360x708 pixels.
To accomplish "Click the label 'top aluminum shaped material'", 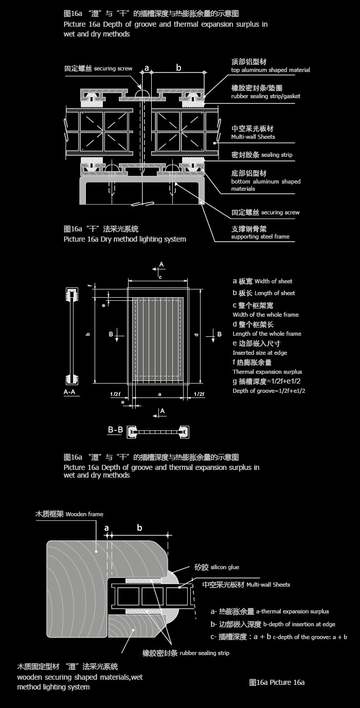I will pos(271,70).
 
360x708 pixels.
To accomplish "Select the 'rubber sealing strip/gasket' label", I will pos(265,96).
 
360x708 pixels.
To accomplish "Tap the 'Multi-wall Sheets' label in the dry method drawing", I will pos(253,137).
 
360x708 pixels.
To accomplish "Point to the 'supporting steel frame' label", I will pos(260,237).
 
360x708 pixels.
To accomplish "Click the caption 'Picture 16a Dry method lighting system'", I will pos(124,239).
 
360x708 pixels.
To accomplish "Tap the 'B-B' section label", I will pos(115,430).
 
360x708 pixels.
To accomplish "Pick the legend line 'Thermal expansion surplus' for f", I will pos(267,372).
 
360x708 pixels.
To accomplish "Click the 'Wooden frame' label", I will pos(84,514).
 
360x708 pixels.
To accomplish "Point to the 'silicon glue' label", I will pos(225,567).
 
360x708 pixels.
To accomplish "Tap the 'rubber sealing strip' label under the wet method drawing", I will pos(204,653).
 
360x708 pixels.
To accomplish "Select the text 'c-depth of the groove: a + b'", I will pos(310,637).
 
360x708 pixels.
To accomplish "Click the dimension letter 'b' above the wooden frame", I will pos(139,528).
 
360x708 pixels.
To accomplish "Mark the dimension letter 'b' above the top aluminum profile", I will pos(178,67).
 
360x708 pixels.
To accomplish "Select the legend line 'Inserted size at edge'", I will pos(260,353).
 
